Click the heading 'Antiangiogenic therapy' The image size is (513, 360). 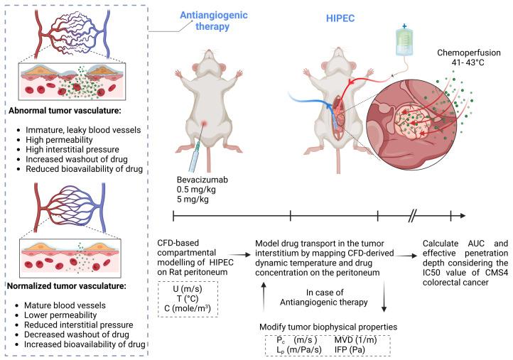coord(214,21)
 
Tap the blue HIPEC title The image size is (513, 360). coord(340,18)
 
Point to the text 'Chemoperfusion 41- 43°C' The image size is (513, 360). coord(468,58)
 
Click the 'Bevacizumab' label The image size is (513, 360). coord(202,180)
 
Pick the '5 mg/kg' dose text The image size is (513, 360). coord(193,199)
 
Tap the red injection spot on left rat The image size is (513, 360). coord(204,124)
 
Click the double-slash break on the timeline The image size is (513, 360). coord(413,216)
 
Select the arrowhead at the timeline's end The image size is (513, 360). coord(463,216)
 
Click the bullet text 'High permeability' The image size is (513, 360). coord(59,140)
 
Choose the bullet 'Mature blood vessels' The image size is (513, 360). coord(65,305)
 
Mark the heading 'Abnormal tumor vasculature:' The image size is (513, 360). coord(65,111)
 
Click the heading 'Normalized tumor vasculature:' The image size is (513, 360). coord(67,286)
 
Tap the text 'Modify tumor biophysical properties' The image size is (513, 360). coord(328,327)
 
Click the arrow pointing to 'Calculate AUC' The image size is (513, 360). coord(406,256)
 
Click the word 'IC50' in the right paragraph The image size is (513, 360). coord(432,273)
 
